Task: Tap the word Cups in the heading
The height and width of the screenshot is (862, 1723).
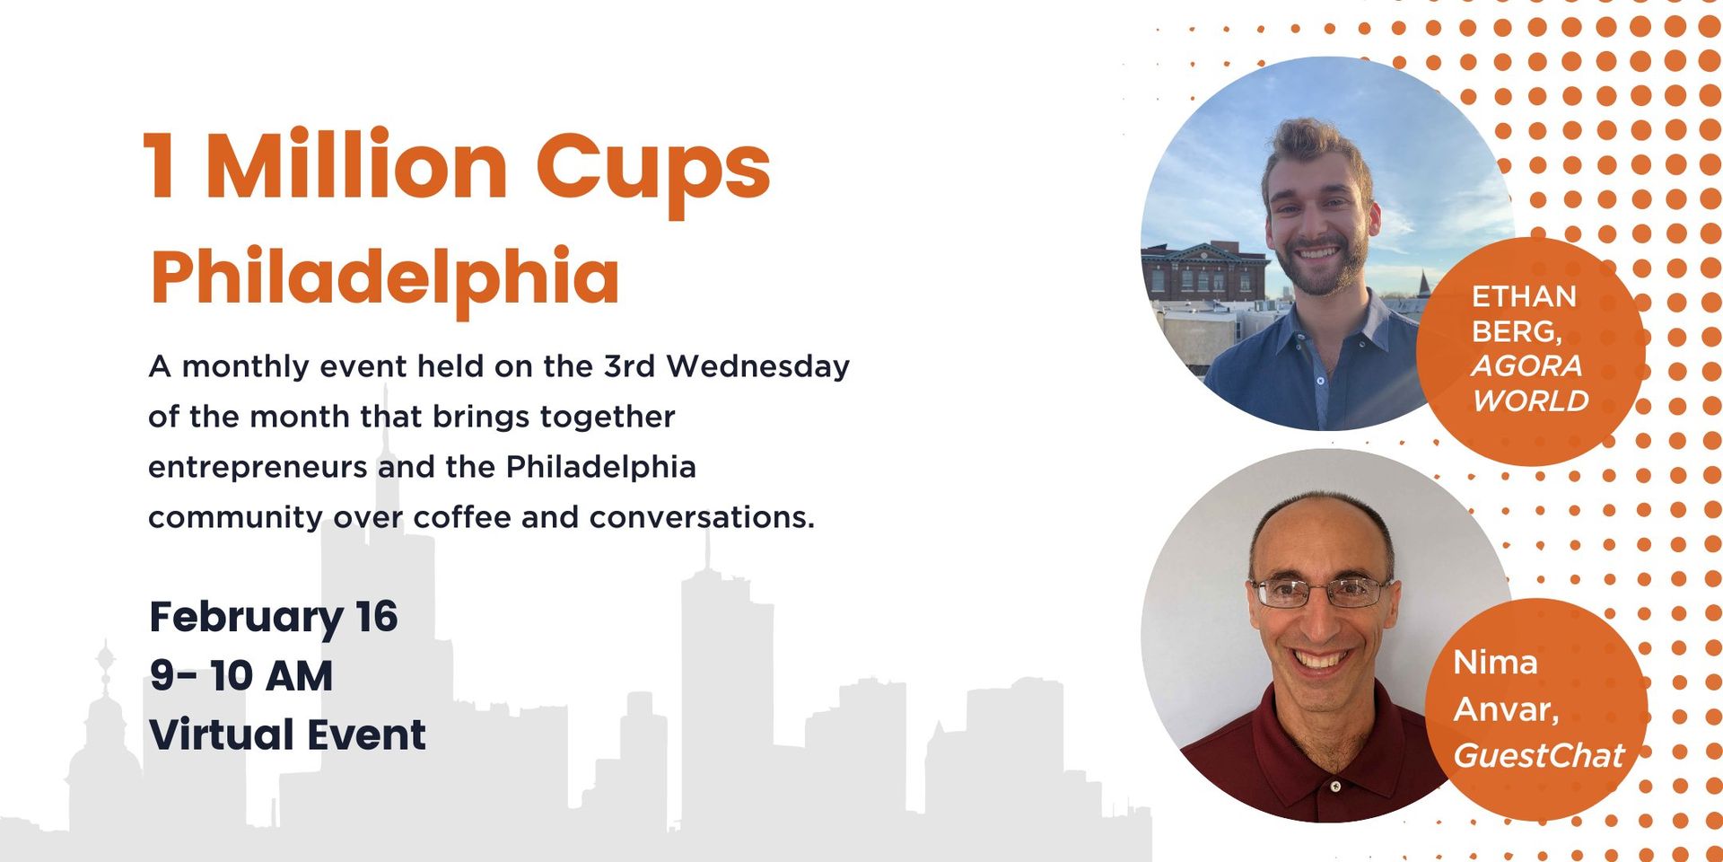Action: pos(653,171)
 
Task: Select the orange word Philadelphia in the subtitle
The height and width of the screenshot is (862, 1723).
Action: pos(385,277)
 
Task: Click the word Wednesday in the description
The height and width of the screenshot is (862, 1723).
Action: pos(757,366)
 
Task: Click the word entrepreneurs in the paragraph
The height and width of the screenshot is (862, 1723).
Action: pos(258,468)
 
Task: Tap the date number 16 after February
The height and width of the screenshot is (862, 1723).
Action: pos(376,617)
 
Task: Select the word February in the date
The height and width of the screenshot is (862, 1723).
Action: pos(246,619)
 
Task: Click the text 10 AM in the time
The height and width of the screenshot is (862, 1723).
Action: pos(272,676)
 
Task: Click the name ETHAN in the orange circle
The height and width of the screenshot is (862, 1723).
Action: pos(1524,296)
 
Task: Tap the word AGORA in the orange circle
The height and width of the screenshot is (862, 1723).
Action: pos(1526,366)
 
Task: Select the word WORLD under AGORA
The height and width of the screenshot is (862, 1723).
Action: pos(1531,401)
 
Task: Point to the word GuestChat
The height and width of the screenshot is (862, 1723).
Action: pos(1538,756)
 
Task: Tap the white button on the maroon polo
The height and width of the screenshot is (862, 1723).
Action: pos(1336,787)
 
